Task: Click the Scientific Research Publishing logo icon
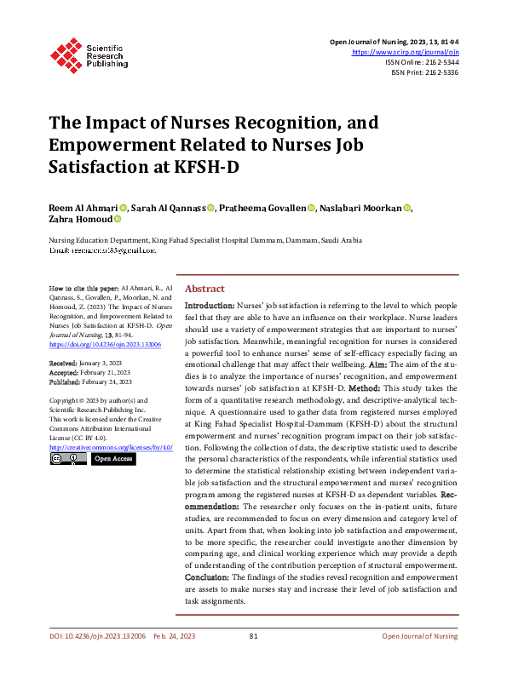(66, 53)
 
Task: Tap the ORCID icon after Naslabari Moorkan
(407, 209)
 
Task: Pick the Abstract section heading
(205, 289)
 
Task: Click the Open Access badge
(113, 459)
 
